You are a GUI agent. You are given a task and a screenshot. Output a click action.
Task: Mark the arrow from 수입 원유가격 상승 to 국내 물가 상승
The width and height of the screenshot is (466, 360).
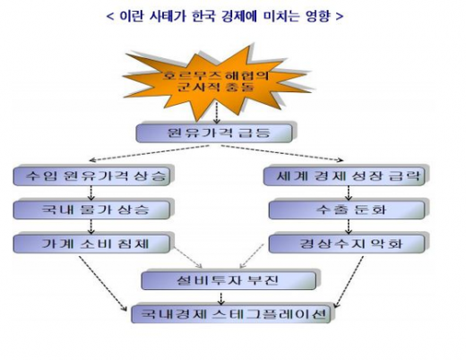[x=93, y=193]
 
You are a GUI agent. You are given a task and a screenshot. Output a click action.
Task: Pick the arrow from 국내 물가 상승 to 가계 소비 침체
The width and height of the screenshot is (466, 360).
[x=93, y=227]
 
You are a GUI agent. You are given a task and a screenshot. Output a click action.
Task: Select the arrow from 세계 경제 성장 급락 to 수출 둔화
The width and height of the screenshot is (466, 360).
[x=344, y=193]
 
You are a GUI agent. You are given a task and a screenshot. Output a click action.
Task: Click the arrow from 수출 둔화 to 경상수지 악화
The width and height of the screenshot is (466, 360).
[x=344, y=227]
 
